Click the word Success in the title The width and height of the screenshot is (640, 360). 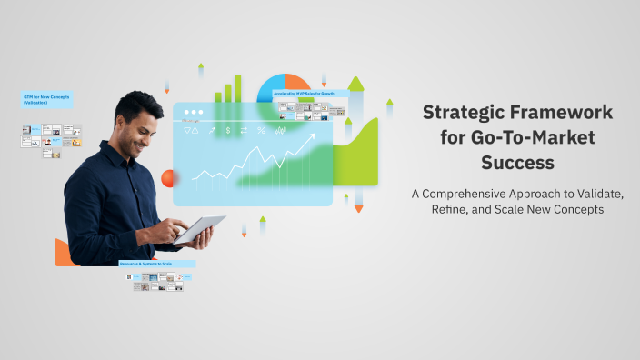coord(517,165)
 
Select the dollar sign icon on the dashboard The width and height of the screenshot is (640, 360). coord(227,130)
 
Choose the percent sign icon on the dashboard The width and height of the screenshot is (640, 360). coord(261,130)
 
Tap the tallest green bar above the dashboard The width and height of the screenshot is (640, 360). coord(238,87)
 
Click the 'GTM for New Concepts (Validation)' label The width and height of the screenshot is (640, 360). coord(47,99)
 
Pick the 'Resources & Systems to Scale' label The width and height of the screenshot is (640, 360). coord(155,264)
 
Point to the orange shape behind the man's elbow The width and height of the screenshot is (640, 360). coord(64,253)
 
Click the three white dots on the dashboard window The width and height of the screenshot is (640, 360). coord(192,113)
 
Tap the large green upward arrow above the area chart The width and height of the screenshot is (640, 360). coord(355,85)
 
